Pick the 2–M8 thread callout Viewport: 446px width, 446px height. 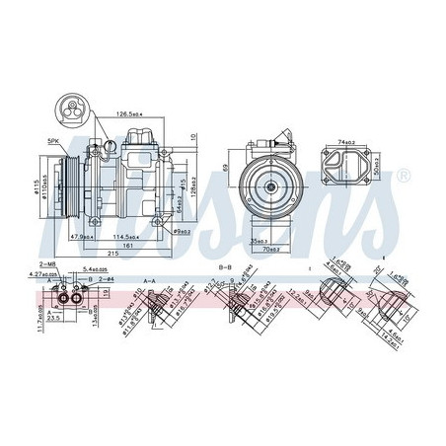tap(46, 265)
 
